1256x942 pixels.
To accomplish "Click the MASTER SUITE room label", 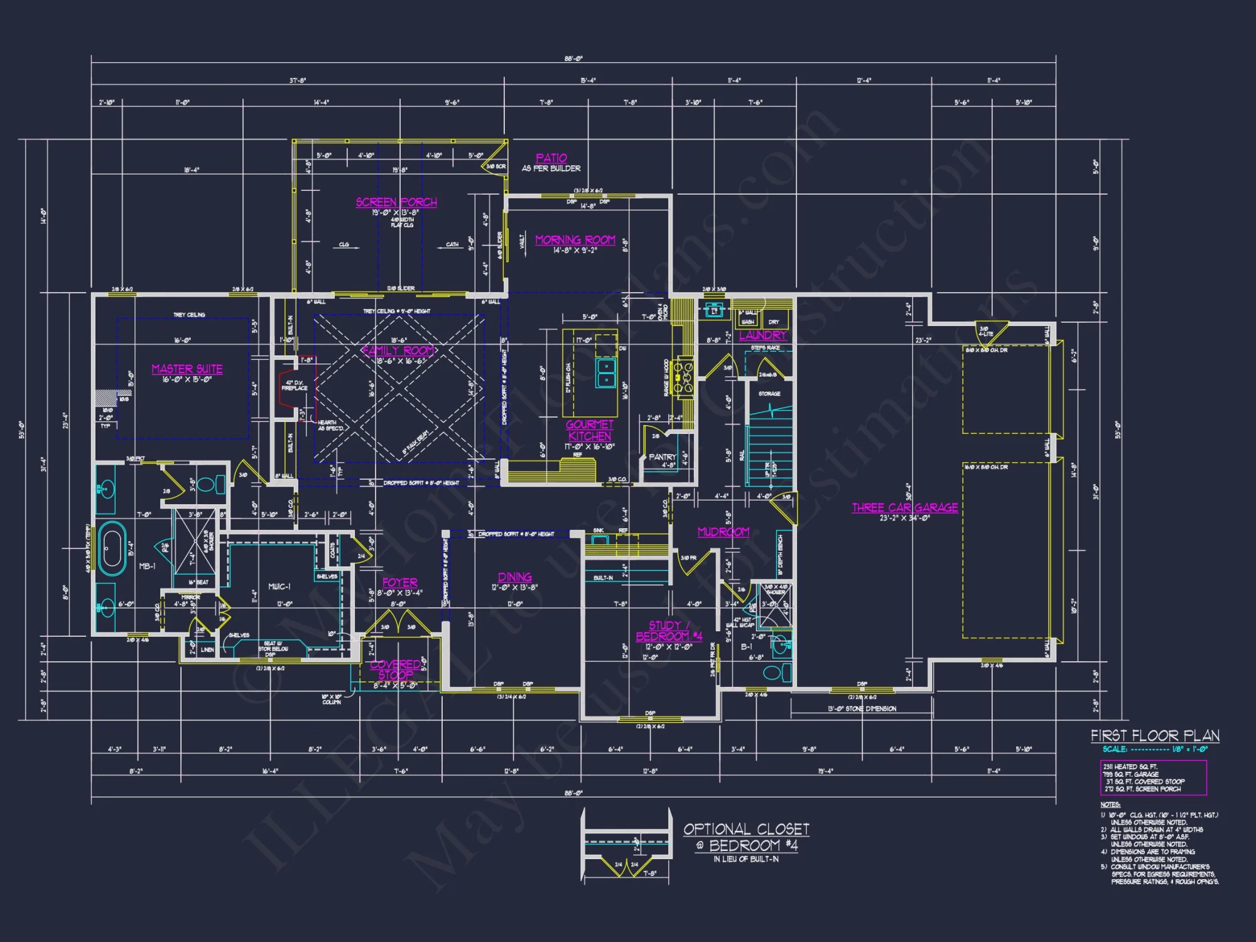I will click(x=187, y=369).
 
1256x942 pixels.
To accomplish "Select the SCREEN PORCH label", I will click(x=396, y=202).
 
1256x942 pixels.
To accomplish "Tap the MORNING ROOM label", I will click(x=575, y=240).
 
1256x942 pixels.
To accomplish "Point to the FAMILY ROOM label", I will click(x=398, y=350).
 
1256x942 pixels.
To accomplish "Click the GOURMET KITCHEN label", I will click(x=590, y=430).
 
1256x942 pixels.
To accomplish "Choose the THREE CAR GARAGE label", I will click(x=904, y=507).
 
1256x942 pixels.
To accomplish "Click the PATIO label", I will click(x=551, y=158).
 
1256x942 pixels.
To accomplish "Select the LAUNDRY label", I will click(x=762, y=335).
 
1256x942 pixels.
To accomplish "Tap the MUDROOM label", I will click(x=723, y=532).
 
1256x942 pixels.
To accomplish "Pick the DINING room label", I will click(x=515, y=577).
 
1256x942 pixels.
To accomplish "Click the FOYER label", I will click(x=399, y=583).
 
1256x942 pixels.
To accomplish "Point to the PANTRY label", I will click(x=662, y=457).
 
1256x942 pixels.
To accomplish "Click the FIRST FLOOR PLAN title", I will click(x=1155, y=735).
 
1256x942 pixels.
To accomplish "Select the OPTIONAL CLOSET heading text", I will click(x=746, y=830).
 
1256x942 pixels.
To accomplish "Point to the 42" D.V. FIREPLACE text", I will click(x=295, y=385).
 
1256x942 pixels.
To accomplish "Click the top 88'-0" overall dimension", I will click(x=573, y=59).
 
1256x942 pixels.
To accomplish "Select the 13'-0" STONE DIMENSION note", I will click(x=862, y=709).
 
